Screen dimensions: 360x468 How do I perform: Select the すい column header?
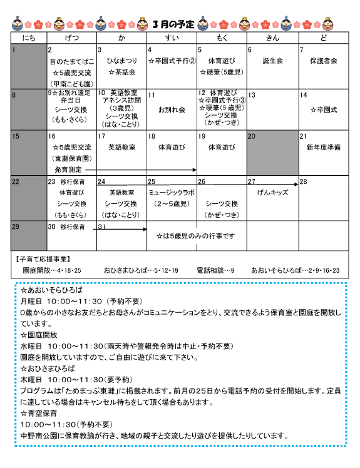pos(172,39)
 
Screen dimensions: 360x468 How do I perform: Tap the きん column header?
pos(272,39)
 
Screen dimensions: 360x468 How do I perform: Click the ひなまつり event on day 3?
pos(121,61)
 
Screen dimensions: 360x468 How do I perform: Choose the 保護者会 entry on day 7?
pos(323,61)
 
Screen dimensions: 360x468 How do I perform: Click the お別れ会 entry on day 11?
pos(172,109)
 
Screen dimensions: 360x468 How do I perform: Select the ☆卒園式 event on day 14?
pos(324,109)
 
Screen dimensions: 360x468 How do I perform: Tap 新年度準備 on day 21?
pos(323,148)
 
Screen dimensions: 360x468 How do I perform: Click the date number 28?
pos(304,181)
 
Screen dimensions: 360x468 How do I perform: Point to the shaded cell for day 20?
pos(272,153)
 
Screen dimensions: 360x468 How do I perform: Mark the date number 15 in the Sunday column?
pos(16,136)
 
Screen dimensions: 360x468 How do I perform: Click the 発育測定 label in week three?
pos(66,169)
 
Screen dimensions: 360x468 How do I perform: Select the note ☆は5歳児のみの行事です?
pos(195,236)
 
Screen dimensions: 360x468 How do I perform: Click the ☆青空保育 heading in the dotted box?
pos(39,414)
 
